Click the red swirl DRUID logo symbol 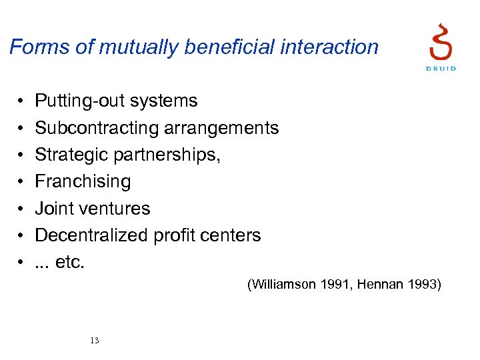click(x=441, y=41)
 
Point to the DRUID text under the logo click(x=441, y=69)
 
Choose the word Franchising click(x=83, y=181)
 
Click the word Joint click(x=54, y=209)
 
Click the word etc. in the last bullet click(x=70, y=262)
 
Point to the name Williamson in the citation click(x=283, y=285)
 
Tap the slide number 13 click(x=94, y=341)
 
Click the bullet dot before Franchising click(x=21, y=182)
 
